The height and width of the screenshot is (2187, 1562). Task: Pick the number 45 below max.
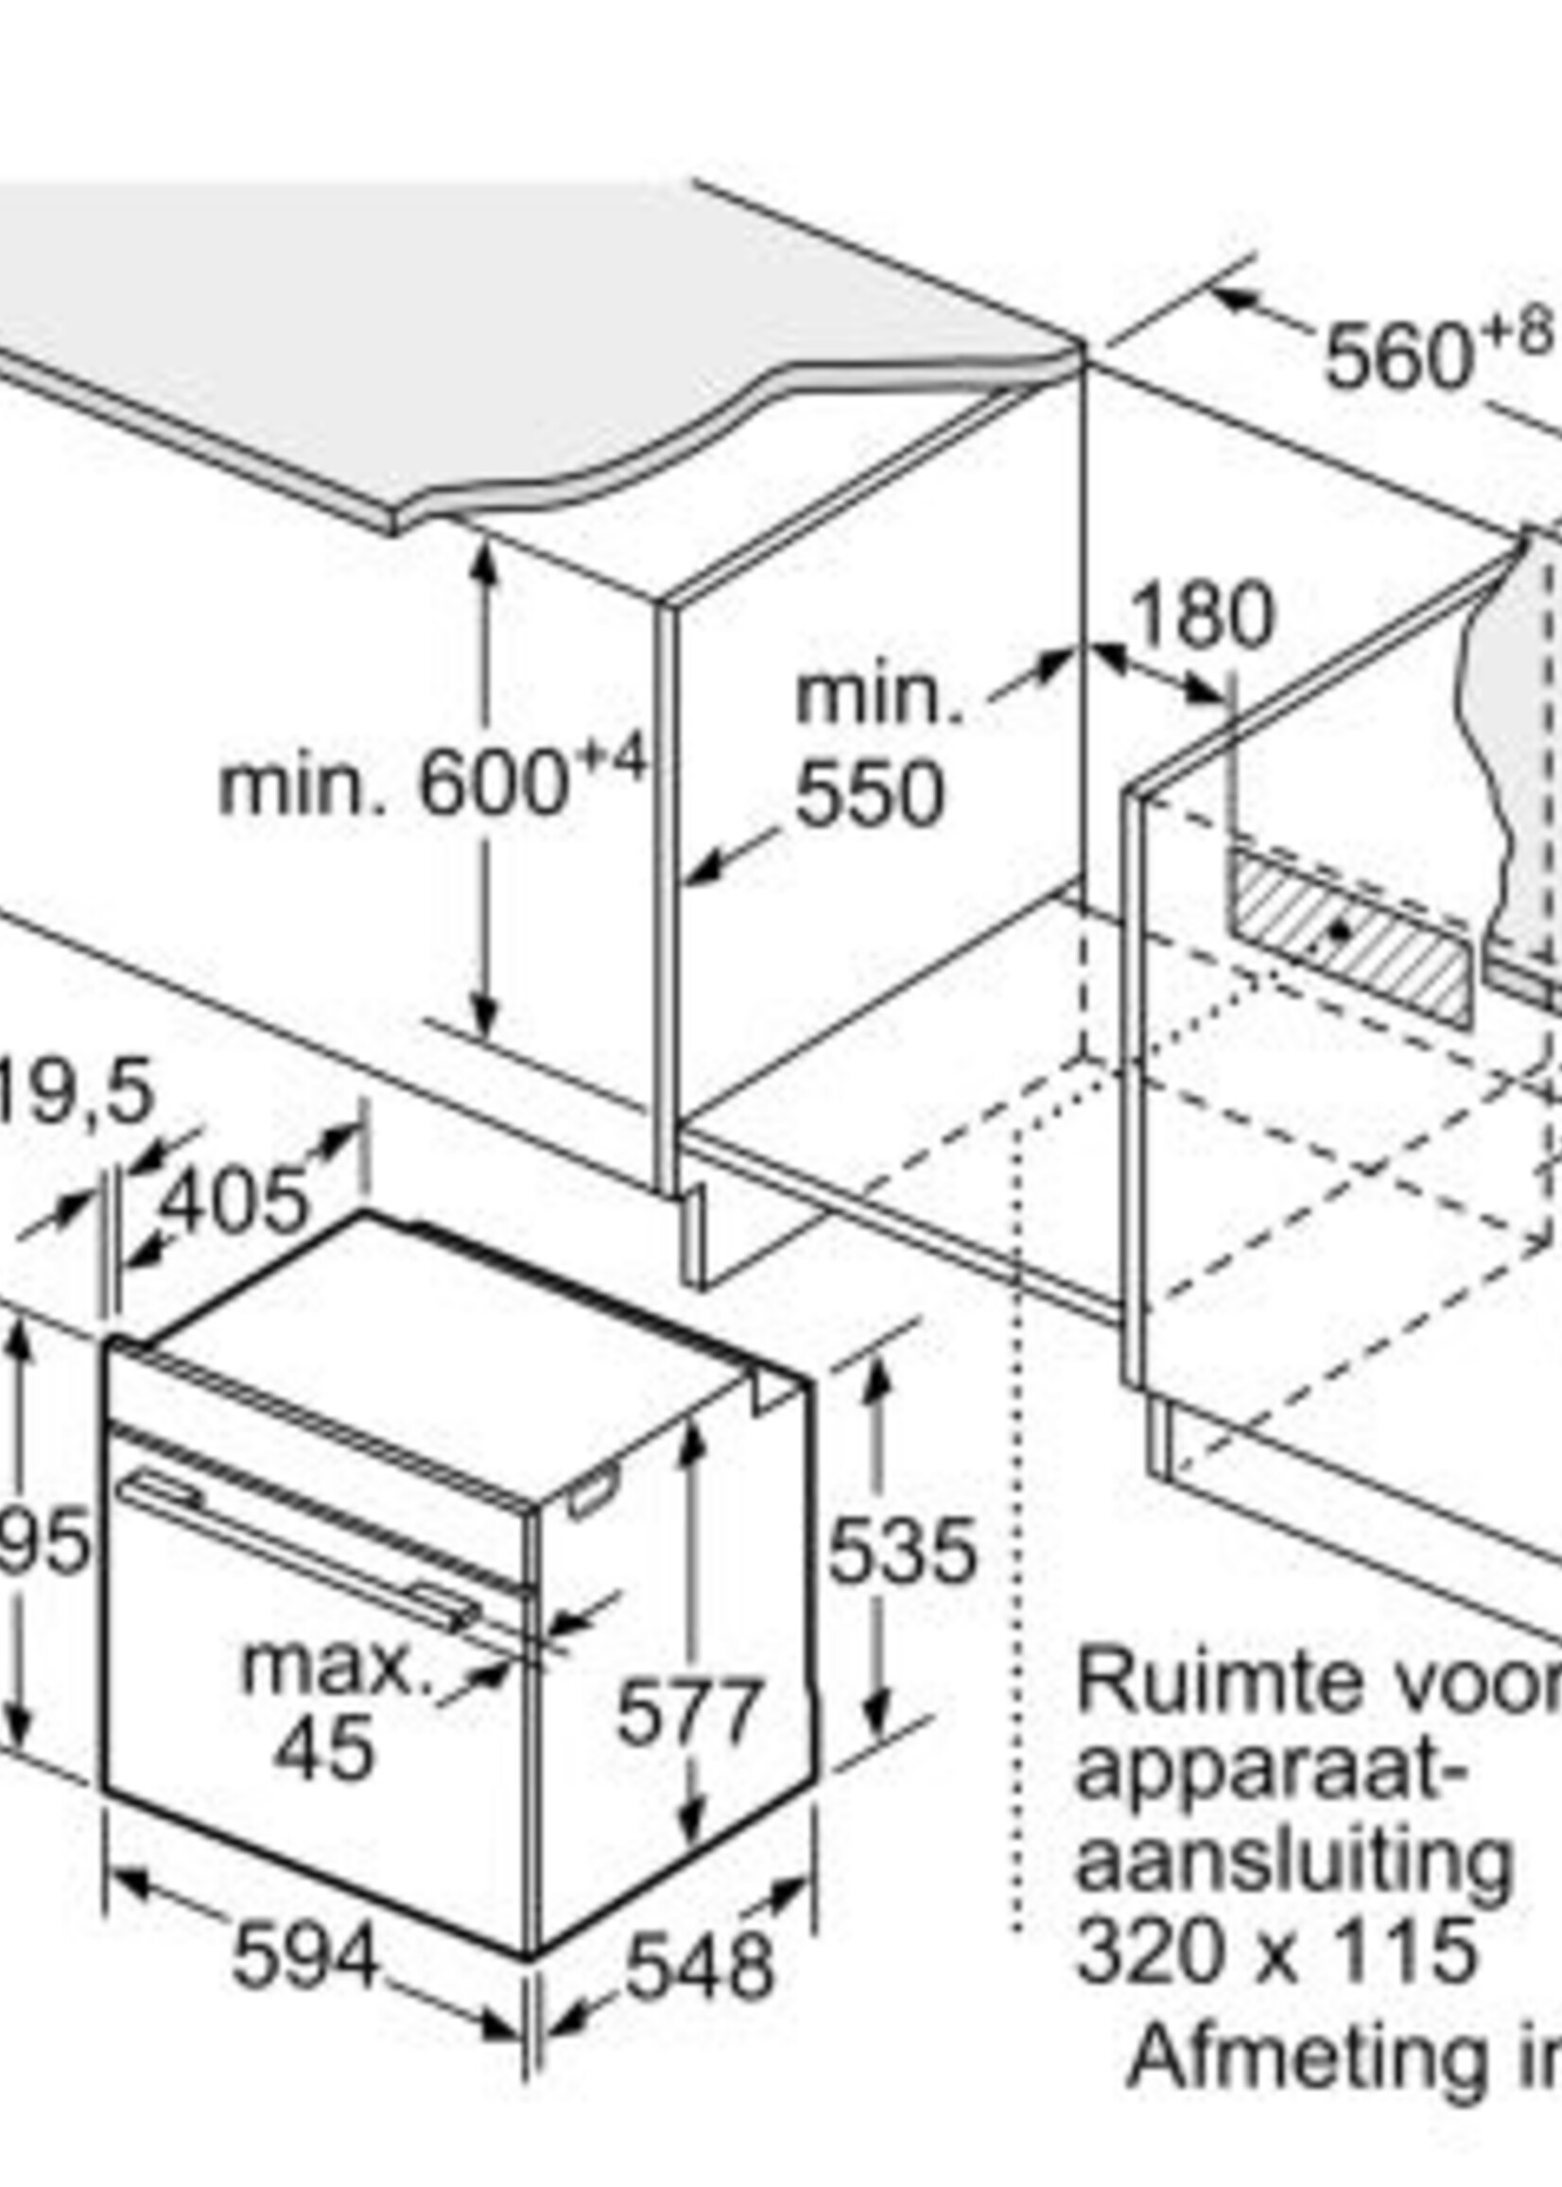tap(323, 1723)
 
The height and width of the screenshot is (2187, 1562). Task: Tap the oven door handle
tap(298, 1555)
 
